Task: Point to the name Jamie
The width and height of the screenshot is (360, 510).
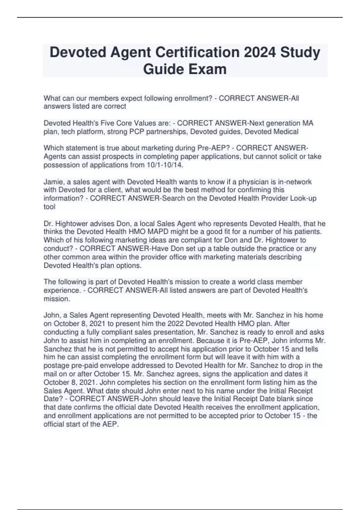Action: click(x=52, y=182)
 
